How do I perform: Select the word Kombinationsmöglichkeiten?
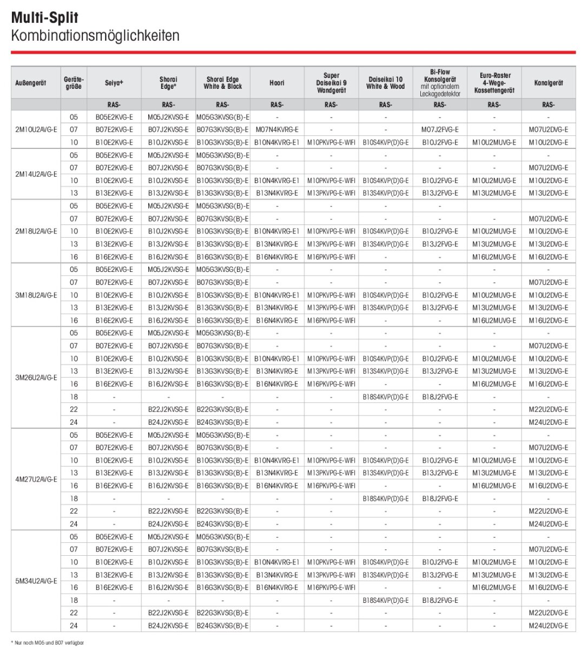pyautogui.click(x=95, y=36)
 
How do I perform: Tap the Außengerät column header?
pyautogui.click(x=31, y=83)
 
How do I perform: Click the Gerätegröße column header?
pyautogui.click(x=74, y=83)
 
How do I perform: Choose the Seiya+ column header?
pyautogui.click(x=114, y=83)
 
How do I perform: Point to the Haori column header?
pyautogui.click(x=277, y=83)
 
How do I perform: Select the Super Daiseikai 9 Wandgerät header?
pyautogui.click(x=331, y=83)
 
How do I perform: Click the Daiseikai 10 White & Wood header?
pyautogui.click(x=385, y=83)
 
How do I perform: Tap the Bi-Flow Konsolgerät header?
pyautogui.click(x=440, y=82)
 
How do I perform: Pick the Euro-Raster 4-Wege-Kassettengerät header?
pyautogui.click(x=494, y=83)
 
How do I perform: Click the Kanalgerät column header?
pyautogui.click(x=549, y=83)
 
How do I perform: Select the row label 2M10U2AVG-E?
pyautogui.click(x=36, y=130)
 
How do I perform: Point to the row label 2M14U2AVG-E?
pyautogui.click(x=36, y=174)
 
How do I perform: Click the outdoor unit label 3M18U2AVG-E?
pyautogui.click(x=36, y=295)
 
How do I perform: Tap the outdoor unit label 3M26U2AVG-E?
pyautogui.click(x=36, y=378)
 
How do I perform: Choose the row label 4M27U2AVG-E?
pyautogui.click(x=36, y=479)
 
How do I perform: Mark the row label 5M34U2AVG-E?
pyautogui.click(x=36, y=581)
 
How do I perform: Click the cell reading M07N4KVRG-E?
pyautogui.click(x=277, y=130)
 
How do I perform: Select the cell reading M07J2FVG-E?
pyautogui.click(x=440, y=130)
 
